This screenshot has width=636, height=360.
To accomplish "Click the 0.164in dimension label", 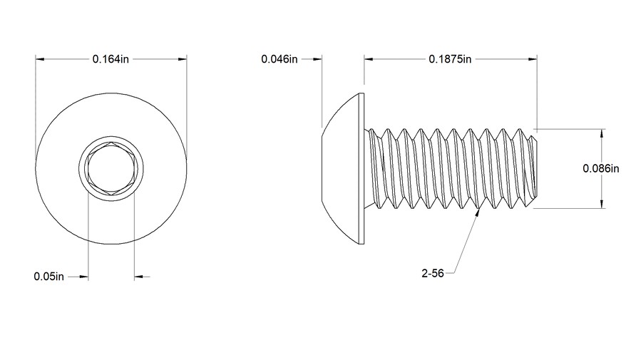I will pos(111,59).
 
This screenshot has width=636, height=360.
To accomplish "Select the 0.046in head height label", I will pos(279,59).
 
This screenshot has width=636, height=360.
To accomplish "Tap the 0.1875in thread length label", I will pos(450,59).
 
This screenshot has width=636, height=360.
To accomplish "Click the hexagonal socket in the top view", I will pos(111,169).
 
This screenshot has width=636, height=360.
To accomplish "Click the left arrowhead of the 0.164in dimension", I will pos(40,59).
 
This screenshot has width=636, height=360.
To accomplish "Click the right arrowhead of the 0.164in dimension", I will pos(183,59).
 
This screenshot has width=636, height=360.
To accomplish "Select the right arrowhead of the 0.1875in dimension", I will pos(532,59).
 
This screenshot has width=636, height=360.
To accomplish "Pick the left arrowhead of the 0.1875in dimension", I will pos(369,59).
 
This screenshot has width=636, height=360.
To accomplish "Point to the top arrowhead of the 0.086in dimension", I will pos(603,133).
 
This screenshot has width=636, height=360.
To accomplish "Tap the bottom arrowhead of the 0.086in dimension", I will pos(603,204).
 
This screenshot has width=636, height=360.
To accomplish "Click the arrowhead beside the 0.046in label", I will pos(318,59).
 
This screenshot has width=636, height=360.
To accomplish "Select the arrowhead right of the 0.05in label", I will pos(84,276).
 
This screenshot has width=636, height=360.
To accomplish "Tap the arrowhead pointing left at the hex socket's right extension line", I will pos(139,276).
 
